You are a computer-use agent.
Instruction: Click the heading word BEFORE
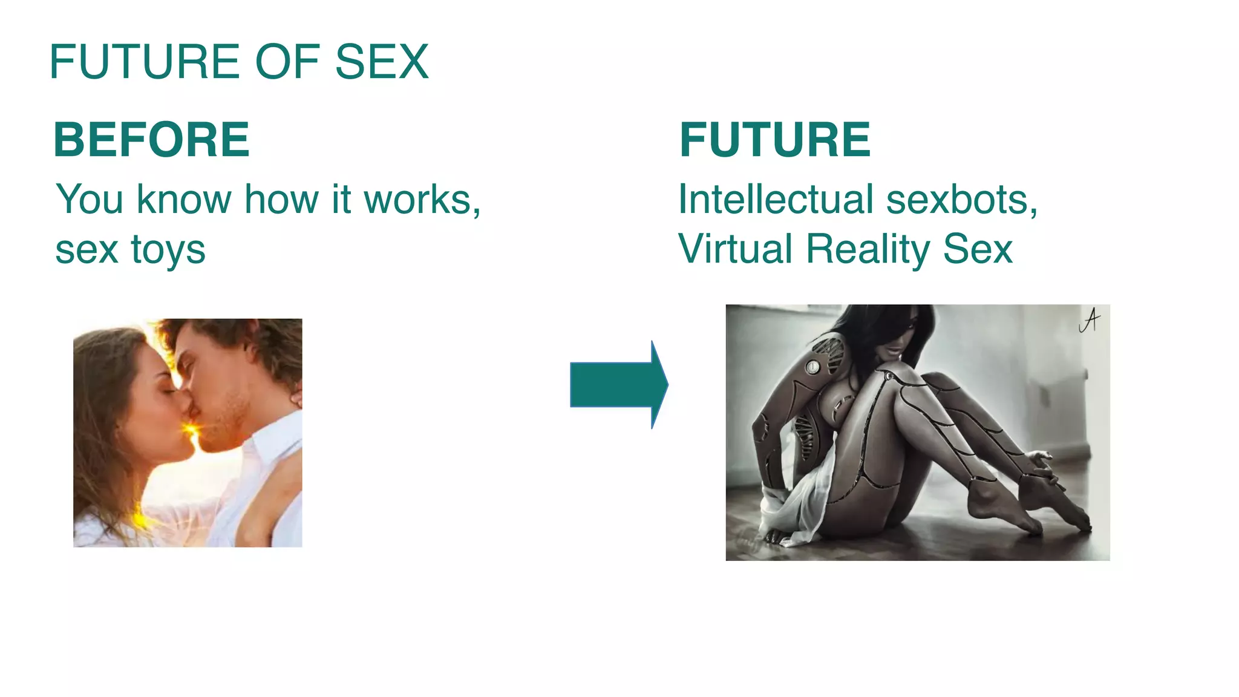point(151,140)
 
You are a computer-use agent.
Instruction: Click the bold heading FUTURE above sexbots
point(775,140)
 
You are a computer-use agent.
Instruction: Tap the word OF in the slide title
point(287,62)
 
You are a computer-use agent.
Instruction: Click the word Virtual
point(735,249)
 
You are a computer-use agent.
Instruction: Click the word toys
point(168,250)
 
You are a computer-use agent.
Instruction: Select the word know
point(184,199)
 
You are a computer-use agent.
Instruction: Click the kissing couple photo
point(188,433)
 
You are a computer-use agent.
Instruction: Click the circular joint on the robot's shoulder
point(812,366)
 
